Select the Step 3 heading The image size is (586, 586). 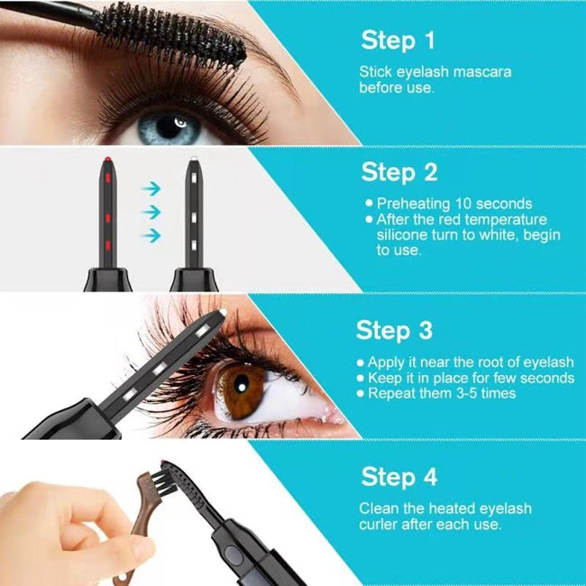click(x=394, y=329)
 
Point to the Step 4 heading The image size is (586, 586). click(x=399, y=475)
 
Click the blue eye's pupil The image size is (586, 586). click(x=170, y=126)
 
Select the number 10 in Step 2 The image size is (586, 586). click(x=465, y=204)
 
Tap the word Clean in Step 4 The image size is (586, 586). click(x=379, y=508)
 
